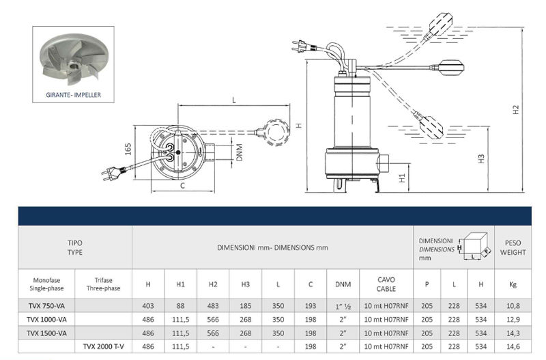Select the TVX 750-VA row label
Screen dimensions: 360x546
pyautogui.click(x=47, y=305)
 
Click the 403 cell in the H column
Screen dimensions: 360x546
pyautogui.click(x=148, y=305)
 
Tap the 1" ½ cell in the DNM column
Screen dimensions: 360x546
pyautogui.click(x=343, y=305)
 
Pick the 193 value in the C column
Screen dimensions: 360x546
pyautogui.click(x=311, y=305)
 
